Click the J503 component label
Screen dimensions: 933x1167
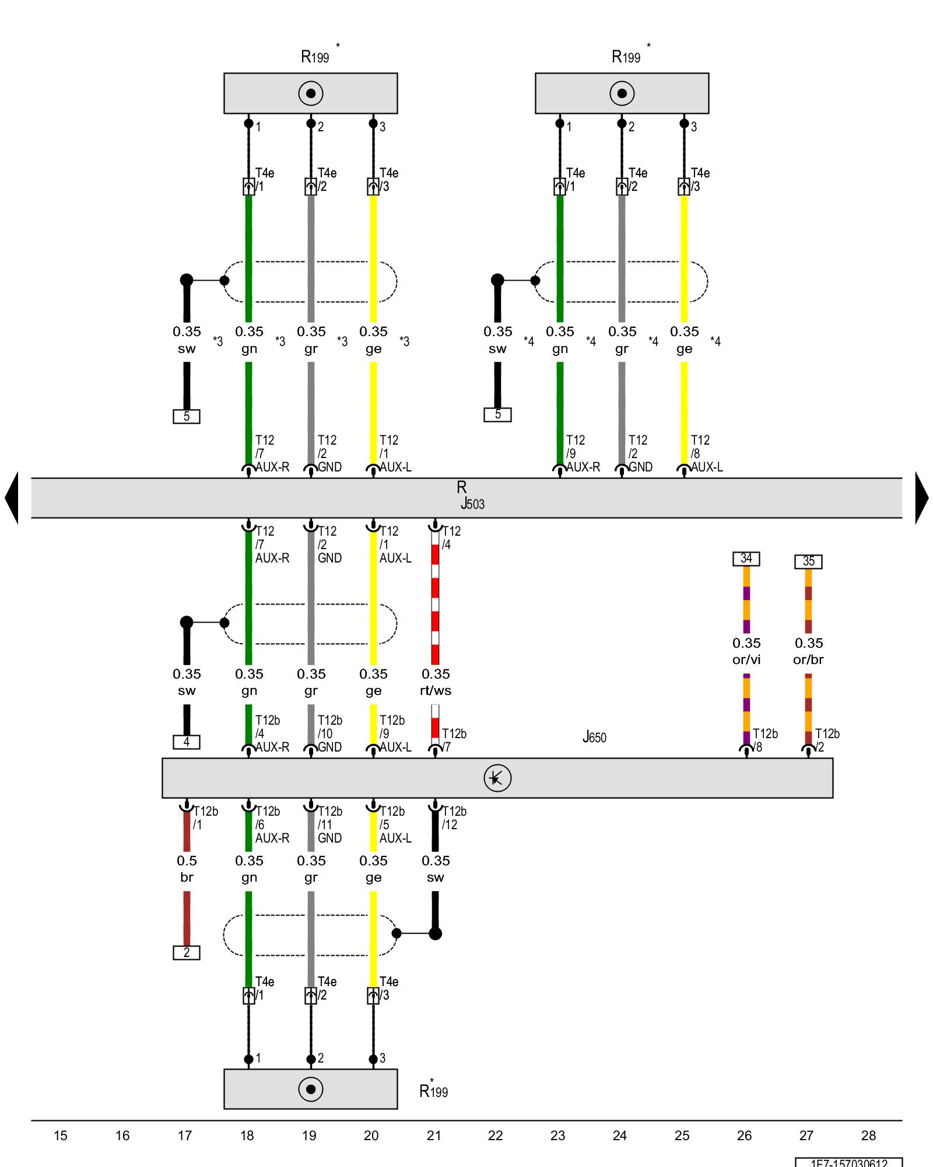tap(473, 504)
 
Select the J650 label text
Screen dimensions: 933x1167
tap(594, 738)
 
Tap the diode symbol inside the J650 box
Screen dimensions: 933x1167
tap(497, 778)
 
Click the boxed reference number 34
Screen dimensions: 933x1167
tap(746, 558)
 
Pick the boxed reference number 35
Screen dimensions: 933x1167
tap(808, 561)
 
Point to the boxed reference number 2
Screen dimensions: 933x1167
tap(187, 953)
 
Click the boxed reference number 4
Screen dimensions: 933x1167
tap(187, 742)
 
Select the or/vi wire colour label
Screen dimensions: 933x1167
tap(746, 659)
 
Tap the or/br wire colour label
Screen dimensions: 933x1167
tap(808, 659)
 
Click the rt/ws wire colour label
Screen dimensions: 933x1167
tap(436, 690)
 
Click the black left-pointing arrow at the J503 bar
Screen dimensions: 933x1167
tap(12, 498)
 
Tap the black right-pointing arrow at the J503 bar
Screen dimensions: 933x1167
tap(921, 498)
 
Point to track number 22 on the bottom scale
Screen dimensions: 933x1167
tap(495, 1135)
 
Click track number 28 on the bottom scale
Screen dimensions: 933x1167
tap(868, 1135)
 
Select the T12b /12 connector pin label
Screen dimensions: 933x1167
tap(454, 817)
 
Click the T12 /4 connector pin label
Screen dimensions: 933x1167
tap(451, 537)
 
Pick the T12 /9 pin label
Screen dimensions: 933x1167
tap(575, 446)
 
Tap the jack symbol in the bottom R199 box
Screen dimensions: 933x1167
tap(311, 1089)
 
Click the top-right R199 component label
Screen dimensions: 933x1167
tap(626, 57)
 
